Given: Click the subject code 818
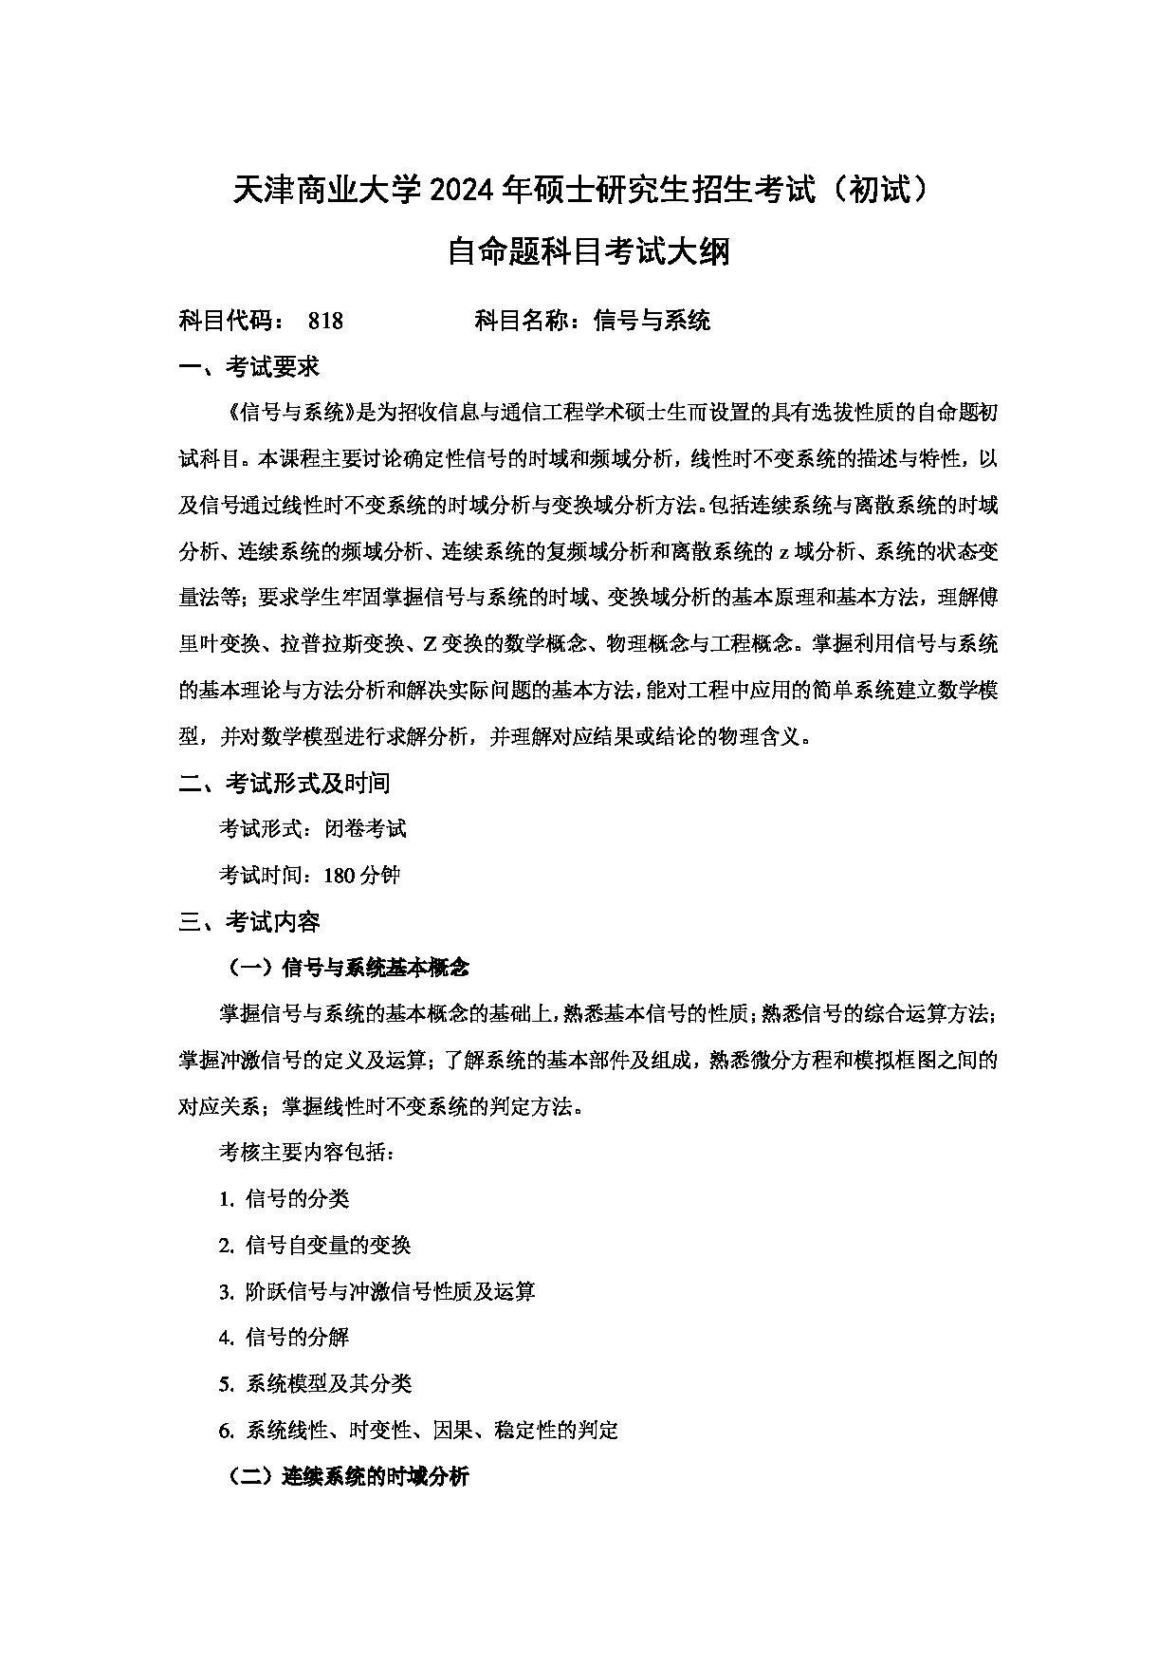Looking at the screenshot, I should [x=325, y=321].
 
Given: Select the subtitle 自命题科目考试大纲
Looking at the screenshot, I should [x=588, y=252].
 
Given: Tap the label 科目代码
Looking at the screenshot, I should [x=229, y=321].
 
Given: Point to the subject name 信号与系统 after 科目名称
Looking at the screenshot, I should [x=652, y=321].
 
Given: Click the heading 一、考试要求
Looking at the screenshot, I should [x=249, y=367].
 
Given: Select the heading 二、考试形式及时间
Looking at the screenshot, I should [x=285, y=783].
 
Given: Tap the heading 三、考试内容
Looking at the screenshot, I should [x=249, y=921].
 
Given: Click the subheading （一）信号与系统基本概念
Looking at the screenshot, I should [x=347, y=968].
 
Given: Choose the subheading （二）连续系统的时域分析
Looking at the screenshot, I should [x=347, y=1476].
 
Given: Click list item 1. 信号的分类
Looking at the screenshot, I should [x=285, y=1199].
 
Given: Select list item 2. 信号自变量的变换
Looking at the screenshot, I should [x=315, y=1245].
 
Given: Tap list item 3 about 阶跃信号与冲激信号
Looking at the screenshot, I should [x=377, y=1291].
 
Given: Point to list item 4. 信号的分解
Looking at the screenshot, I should [x=285, y=1338].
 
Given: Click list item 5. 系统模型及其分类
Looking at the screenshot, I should [x=315, y=1383].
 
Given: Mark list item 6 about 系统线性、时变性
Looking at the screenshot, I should [x=418, y=1430].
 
